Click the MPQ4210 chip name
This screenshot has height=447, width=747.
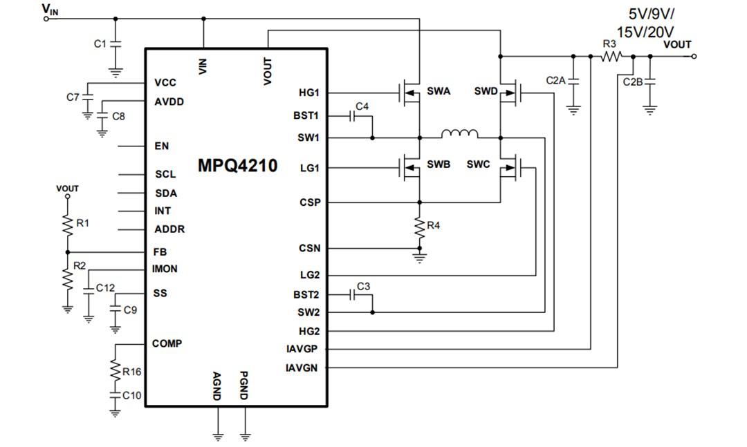tap(237, 167)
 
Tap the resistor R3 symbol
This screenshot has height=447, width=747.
tap(611, 57)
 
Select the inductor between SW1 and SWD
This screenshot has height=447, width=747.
tap(460, 134)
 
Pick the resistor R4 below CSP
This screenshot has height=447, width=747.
tap(418, 226)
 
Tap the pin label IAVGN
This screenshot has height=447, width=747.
tap(302, 368)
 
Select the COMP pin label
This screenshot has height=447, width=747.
tap(167, 343)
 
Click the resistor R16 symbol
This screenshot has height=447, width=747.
tap(115, 371)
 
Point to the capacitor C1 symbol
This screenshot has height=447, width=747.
tap(116, 44)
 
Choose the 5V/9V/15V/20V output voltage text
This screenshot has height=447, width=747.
tap(650, 23)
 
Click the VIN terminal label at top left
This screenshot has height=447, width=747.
tap(50, 9)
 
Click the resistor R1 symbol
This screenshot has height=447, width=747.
tap(68, 225)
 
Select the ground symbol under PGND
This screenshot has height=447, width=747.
tap(245, 435)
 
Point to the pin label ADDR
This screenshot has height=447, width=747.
tap(169, 229)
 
